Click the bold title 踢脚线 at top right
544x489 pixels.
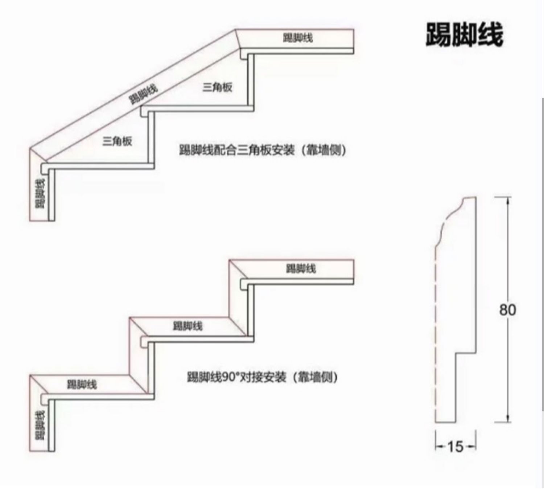tap(465, 35)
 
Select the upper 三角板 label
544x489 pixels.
tap(217, 87)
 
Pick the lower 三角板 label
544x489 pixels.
tap(117, 141)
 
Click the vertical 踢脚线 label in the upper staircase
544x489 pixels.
tap(40, 194)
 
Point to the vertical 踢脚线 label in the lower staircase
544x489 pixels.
tap(40, 425)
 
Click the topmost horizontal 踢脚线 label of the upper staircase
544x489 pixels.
tap(298, 38)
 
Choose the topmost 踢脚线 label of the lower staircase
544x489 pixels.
tap(301, 268)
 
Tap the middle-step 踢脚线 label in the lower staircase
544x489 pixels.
tap(187, 326)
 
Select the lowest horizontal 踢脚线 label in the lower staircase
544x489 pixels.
tap(82, 384)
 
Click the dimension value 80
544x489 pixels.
tap(507, 310)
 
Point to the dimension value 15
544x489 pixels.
tap(456, 447)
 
